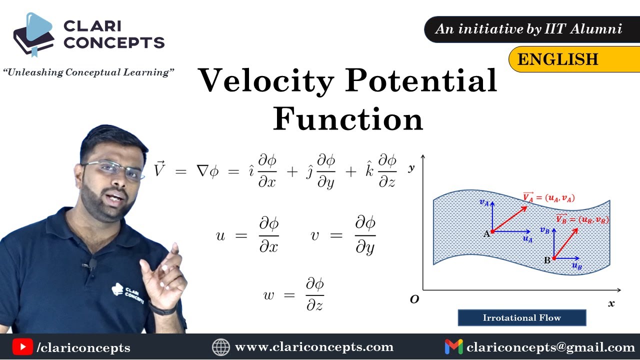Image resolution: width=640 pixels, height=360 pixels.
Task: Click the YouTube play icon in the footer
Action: (x=22, y=347)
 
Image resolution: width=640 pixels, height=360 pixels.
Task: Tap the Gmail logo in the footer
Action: (x=453, y=347)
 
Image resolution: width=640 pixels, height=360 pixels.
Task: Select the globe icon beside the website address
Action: (x=221, y=347)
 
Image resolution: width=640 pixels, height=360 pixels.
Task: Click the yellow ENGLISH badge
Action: (x=574, y=59)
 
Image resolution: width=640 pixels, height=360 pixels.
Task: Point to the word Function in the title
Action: (x=348, y=118)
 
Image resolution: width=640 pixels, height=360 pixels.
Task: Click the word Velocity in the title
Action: (x=265, y=80)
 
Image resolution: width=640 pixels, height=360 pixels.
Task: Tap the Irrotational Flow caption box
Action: (x=522, y=317)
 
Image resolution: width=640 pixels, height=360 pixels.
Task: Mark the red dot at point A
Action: (x=492, y=231)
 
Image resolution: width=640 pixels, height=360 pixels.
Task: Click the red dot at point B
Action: (x=554, y=258)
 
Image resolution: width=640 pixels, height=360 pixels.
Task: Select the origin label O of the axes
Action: (x=414, y=299)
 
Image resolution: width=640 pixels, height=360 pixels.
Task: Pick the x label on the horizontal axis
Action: (x=611, y=303)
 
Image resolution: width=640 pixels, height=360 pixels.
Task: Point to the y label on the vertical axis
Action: (x=411, y=168)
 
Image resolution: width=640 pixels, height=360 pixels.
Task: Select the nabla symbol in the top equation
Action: (x=202, y=171)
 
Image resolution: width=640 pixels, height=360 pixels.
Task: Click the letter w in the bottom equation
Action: (x=268, y=295)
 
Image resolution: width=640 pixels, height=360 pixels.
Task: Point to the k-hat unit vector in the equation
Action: (x=369, y=170)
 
